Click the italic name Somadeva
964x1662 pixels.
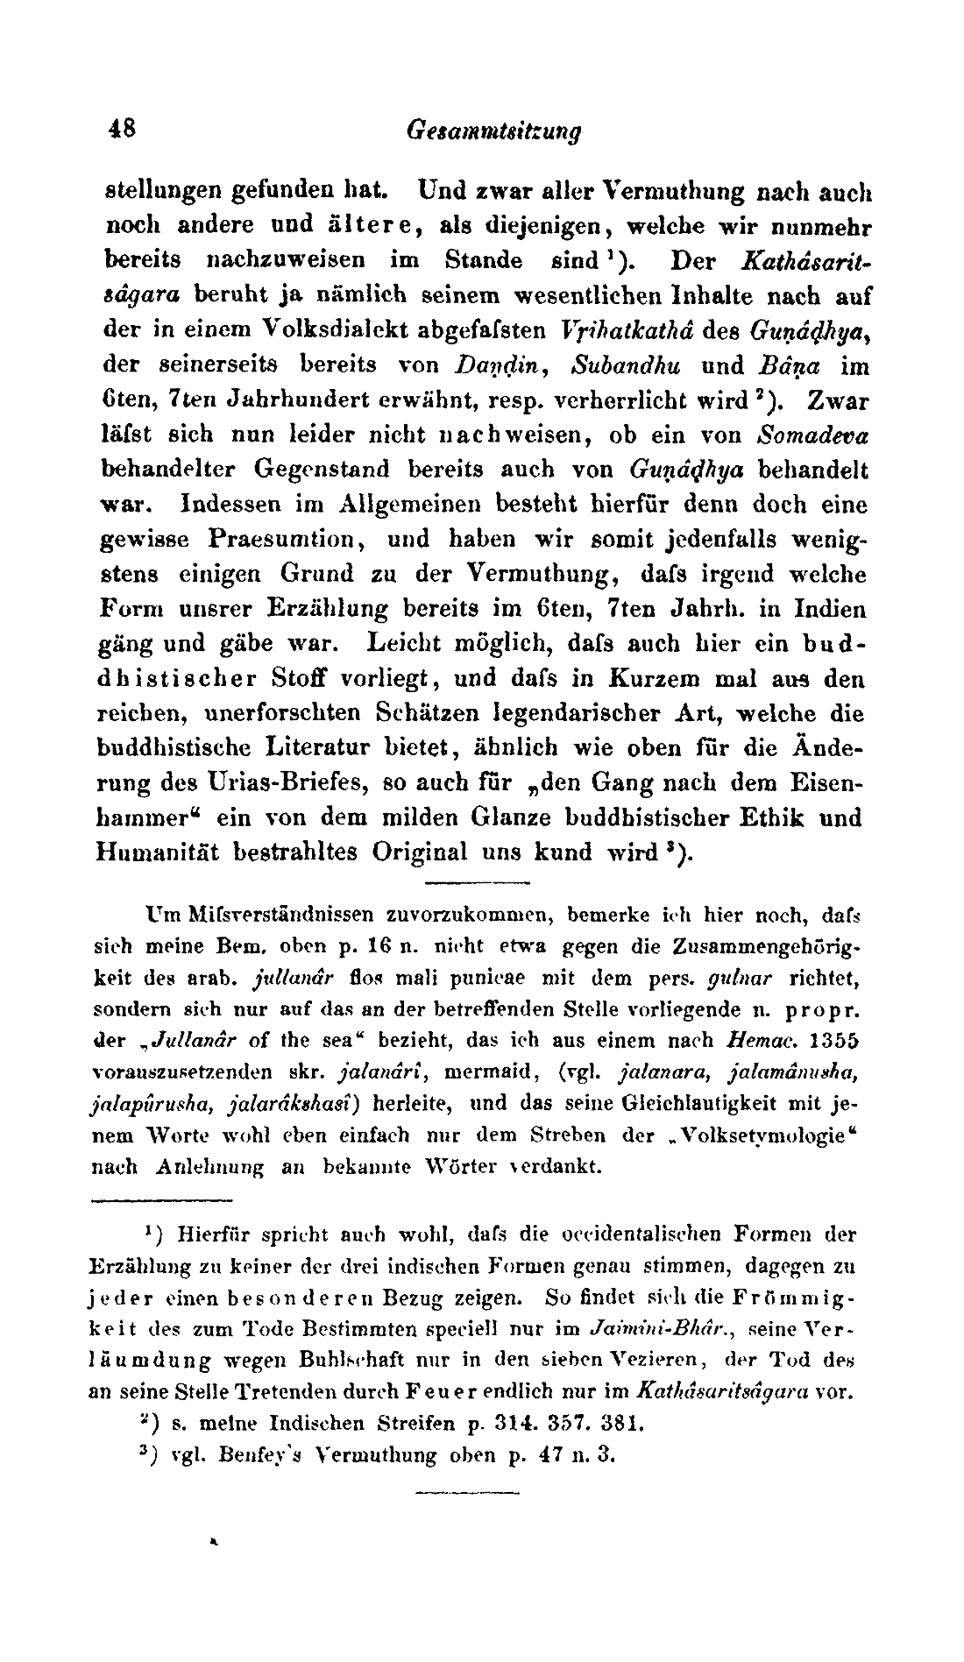811,435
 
